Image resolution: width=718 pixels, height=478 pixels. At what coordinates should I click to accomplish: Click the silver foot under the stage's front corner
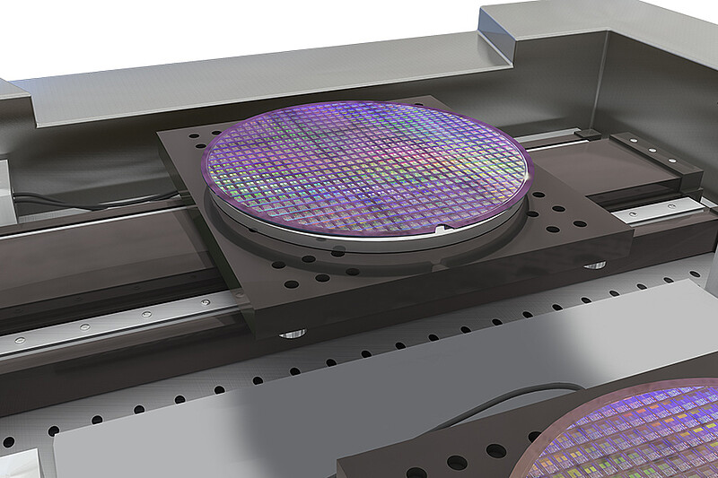(292, 333)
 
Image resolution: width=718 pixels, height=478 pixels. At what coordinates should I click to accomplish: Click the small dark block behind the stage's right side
(587, 135)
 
